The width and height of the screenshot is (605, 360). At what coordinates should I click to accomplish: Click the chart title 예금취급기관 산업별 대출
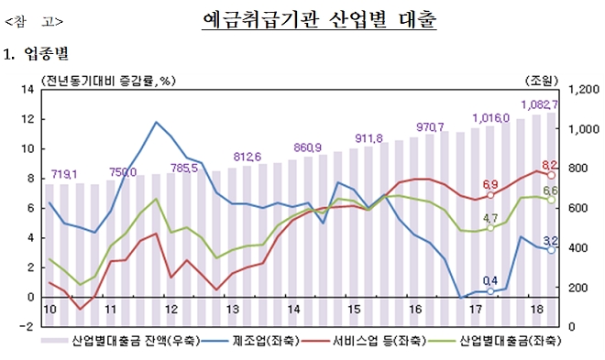click(x=318, y=19)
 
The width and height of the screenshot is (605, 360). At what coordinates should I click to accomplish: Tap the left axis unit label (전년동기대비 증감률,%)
click(x=106, y=81)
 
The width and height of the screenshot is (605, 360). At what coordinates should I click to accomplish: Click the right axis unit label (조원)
click(x=541, y=81)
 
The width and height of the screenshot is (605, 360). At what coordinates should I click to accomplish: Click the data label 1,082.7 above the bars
click(x=539, y=104)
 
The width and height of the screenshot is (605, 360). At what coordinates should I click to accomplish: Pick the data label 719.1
click(x=63, y=173)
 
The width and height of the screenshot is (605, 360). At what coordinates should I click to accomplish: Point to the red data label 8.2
click(x=550, y=165)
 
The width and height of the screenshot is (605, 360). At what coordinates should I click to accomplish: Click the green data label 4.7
click(x=490, y=218)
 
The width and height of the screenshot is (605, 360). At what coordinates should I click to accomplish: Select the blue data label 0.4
click(x=490, y=280)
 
